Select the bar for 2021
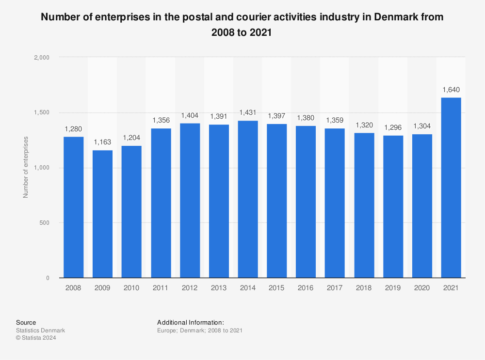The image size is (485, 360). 451,188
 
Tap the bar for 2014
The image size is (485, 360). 248,199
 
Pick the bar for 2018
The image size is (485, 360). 364,205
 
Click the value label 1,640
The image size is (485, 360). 451,90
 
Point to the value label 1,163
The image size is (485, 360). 103,142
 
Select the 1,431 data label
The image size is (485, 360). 248,112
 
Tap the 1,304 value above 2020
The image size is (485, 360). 422,126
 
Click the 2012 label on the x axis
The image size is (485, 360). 190,287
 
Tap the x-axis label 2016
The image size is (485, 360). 306,287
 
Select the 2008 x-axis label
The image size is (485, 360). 74,287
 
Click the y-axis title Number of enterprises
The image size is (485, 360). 26,167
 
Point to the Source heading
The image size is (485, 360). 26,322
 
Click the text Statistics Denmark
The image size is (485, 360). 40,330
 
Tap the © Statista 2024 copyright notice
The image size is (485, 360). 36,338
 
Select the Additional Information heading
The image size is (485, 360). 190,322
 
